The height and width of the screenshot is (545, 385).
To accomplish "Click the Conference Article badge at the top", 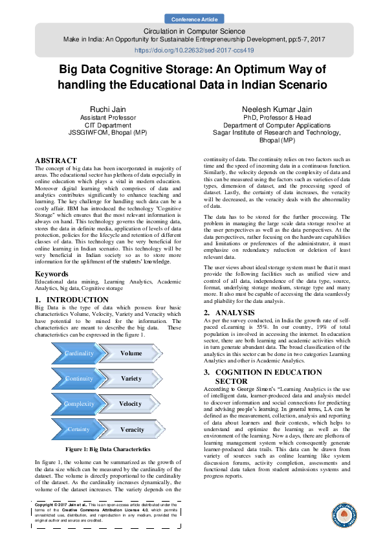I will [x=193, y=19].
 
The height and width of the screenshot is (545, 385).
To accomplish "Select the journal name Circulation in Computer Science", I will [x=193, y=30].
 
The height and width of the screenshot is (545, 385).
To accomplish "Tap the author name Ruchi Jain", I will [x=107, y=109].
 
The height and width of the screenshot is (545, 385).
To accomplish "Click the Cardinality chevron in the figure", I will [x=78, y=353].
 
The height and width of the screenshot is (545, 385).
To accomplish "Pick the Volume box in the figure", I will [x=131, y=353].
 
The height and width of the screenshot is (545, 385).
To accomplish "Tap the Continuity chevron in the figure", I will [x=78, y=379].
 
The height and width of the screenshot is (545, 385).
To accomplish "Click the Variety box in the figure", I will [x=131, y=379].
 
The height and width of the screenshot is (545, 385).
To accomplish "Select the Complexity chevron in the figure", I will [x=78, y=404].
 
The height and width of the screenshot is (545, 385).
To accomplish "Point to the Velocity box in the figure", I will [x=131, y=404].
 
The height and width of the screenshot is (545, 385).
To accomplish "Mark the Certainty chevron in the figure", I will [x=78, y=429].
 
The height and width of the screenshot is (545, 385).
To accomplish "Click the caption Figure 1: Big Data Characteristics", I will [x=107, y=449].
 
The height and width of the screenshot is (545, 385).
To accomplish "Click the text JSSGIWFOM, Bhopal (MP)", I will [x=107, y=129].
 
